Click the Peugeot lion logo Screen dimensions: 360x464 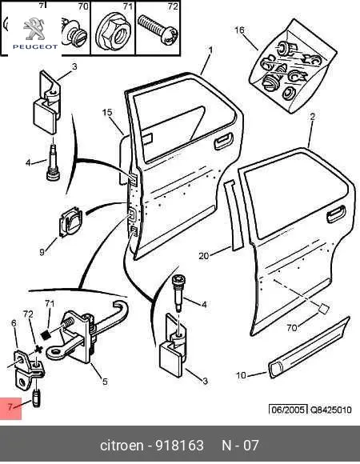(x=34, y=29)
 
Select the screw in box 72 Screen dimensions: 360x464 (x=158, y=30)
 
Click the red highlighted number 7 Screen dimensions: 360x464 (x=10, y=407)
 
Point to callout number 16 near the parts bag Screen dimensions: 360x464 (x=240, y=30)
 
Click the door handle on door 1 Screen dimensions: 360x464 (x=223, y=141)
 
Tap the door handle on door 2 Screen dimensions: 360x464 (x=335, y=214)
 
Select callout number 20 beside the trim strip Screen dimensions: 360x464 (x=204, y=256)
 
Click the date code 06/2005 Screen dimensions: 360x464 (x=288, y=410)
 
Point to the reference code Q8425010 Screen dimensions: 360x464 (x=330, y=410)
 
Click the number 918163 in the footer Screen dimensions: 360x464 (x=180, y=446)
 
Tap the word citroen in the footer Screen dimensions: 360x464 (x=122, y=446)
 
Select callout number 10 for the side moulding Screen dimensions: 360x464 (x=241, y=375)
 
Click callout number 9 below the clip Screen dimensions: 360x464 (x=42, y=253)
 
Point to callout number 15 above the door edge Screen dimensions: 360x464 (x=107, y=113)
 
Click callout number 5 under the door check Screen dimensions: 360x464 (x=105, y=382)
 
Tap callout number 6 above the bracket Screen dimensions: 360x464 (x=14, y=323)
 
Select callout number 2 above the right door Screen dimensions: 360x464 (x=312, y=117)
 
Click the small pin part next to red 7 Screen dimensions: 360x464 (x=36, y=399)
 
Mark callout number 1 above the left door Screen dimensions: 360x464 (x=210, y=50)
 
